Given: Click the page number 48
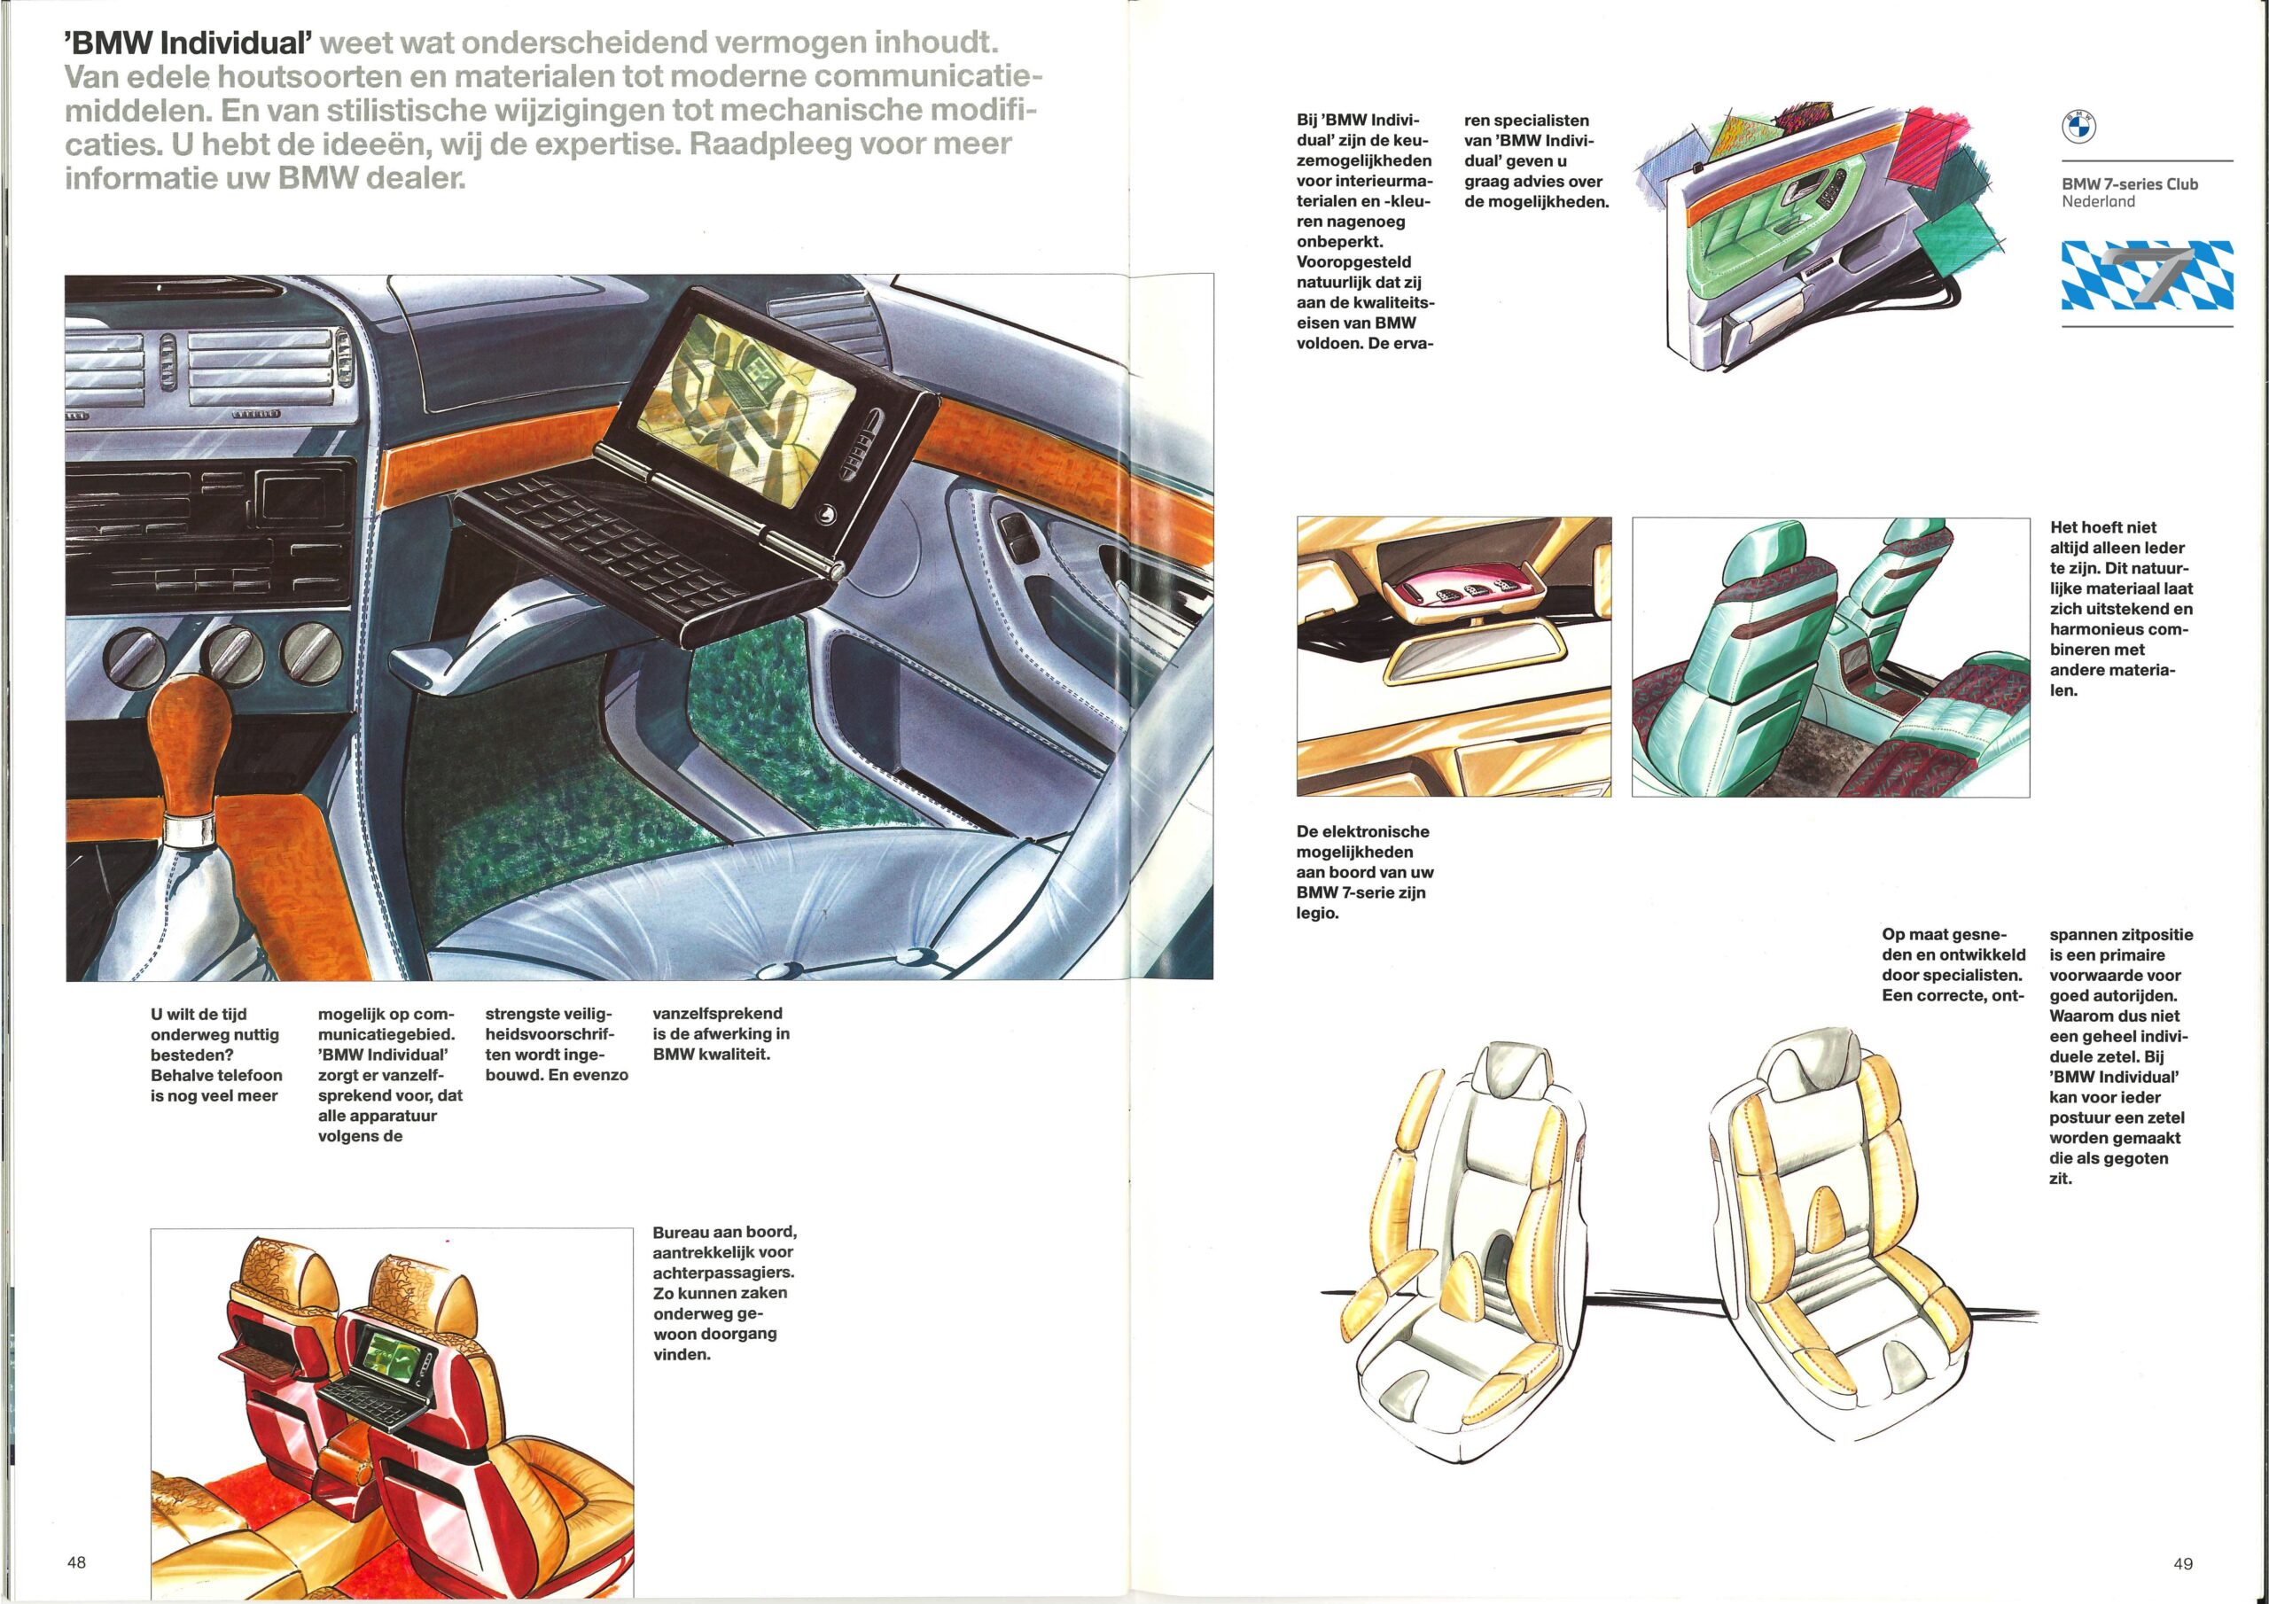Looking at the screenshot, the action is point(76,1562).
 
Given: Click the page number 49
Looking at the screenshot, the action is point(2183,1563).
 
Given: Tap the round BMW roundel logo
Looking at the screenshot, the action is point(2078,127).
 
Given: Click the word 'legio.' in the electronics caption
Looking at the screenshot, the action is point(1318,913).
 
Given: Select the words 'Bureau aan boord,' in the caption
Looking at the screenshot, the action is point(724,1233).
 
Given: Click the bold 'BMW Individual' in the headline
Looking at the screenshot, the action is point(188,43).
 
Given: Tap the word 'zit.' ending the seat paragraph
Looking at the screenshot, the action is point(2061,1178).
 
